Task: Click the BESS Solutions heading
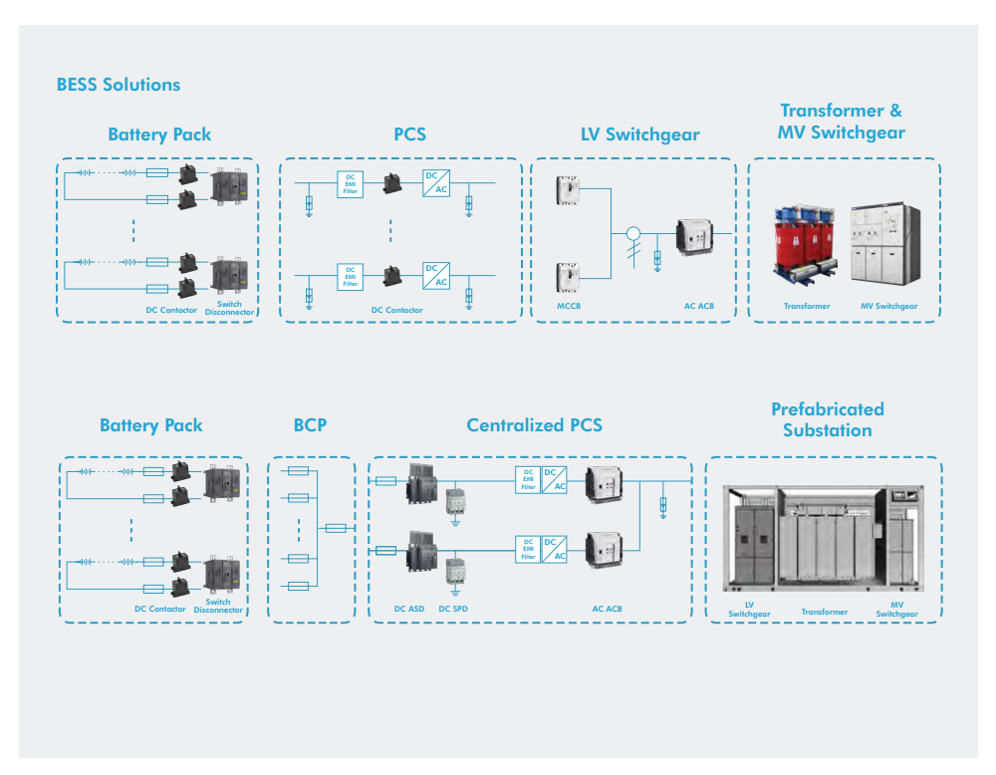click(119, 85)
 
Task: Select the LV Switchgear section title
click(640, 134)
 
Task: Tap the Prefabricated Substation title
click(827, 419)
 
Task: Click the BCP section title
click(310, 425)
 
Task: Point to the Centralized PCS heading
click(534, 425)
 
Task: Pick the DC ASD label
click(409, 609)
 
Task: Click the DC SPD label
click(453, 609)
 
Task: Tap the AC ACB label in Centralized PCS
click(608, 609)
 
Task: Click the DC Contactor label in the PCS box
click(397, 311)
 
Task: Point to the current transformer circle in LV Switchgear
click(631, 235)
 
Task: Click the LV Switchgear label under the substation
click(749, 610)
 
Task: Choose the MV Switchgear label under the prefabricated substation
click(896, 610)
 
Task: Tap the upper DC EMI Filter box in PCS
click(350, 183)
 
